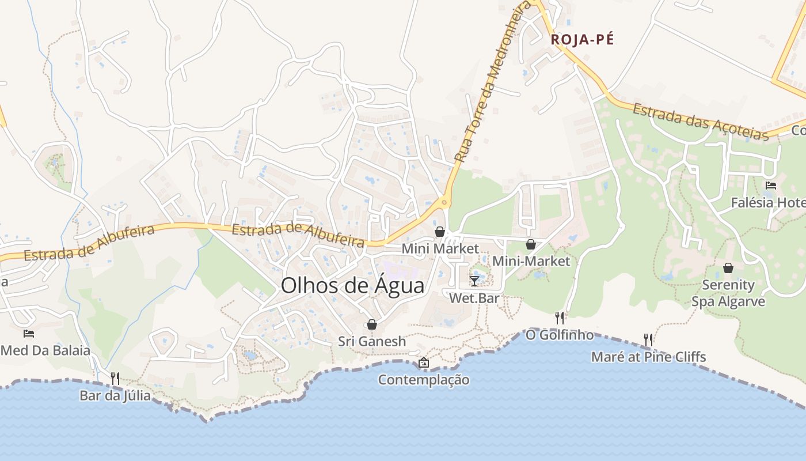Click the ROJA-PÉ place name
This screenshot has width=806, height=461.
(x=582, y=40)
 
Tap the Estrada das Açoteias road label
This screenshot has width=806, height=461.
(x=701, y=122)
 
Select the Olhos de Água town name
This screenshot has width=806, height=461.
(x=352, y=286)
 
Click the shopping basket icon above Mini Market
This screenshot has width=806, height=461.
(x=440, y=232)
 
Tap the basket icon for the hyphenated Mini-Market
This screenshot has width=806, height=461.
(x=531, y=244)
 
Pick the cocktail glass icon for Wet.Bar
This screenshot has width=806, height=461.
(x=474, y=281)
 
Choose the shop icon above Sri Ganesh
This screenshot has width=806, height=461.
(x=372, y=324)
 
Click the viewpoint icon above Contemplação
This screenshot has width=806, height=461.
(x=424, y=362)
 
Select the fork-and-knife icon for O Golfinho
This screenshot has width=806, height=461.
(x=559, y=318)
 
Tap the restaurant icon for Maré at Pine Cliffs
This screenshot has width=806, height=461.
(x=648, y=339)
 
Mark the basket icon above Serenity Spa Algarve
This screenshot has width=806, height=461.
(x=728, y=268)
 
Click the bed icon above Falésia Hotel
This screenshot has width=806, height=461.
(x=771, y=186)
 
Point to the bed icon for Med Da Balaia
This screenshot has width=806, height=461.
(x=29, y=333)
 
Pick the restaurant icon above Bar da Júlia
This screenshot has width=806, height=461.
(x=115, y=379)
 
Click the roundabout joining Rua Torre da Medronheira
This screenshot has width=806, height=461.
(x=443, y=202)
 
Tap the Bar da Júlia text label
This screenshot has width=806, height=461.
(x=115, y=396)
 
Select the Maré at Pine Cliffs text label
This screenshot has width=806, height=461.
(x=648, y=357)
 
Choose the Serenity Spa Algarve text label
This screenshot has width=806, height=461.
(x=728, y=293)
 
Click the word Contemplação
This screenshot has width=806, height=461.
(x=424, y=380)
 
